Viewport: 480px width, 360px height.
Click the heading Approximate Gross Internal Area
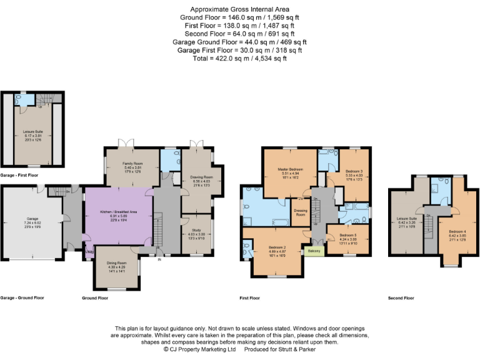(x=239, y=9)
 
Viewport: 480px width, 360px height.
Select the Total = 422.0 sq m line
(x=239, y=58)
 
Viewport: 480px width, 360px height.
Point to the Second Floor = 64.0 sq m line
(x=239, y=34)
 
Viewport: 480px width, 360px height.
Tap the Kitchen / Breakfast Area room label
(x=119, y=212)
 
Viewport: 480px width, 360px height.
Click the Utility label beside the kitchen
(x=89, y=252)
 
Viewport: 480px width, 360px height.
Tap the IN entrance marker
(x=159, y=259)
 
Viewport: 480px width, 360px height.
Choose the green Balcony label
(x=314, y=251)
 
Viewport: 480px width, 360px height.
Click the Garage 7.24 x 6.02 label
(x=32, y=219)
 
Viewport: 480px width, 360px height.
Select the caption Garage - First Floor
(x=21, y=176)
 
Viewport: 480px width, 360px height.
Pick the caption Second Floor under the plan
(x=401, y=298)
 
